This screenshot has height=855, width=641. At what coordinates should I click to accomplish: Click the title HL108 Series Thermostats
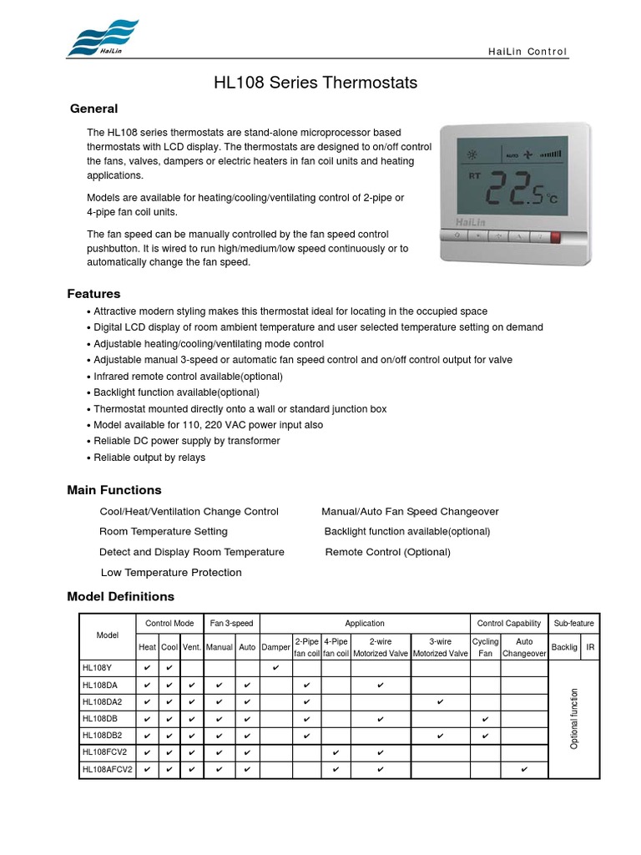[315, 83]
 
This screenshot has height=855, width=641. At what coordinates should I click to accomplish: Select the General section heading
[93, 109]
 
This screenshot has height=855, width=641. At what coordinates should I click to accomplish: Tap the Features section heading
[93, 294]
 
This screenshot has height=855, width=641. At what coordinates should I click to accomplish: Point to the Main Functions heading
[114, 490]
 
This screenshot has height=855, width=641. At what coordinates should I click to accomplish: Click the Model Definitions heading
[121, 596]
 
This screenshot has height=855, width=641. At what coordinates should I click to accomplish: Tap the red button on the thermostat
[555, 236]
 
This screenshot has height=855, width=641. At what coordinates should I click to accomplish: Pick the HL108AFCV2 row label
[108, 770]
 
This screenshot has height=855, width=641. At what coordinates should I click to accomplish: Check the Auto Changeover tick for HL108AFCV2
[524, 770]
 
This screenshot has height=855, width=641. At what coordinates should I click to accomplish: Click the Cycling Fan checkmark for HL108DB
[485, 719]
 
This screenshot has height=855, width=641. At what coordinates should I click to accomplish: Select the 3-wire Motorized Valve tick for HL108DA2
[441, 702]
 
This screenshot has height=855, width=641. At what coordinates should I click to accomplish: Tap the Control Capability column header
[508, 624]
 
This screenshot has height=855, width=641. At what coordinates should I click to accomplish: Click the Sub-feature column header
[573, 624]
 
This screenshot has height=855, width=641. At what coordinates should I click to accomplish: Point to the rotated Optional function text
[574, 718]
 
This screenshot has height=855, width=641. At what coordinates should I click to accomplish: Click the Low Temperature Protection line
[171, 573]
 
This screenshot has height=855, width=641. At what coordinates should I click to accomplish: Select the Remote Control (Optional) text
[387, 552]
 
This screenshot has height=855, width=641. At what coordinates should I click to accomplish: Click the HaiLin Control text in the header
[527, 52]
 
